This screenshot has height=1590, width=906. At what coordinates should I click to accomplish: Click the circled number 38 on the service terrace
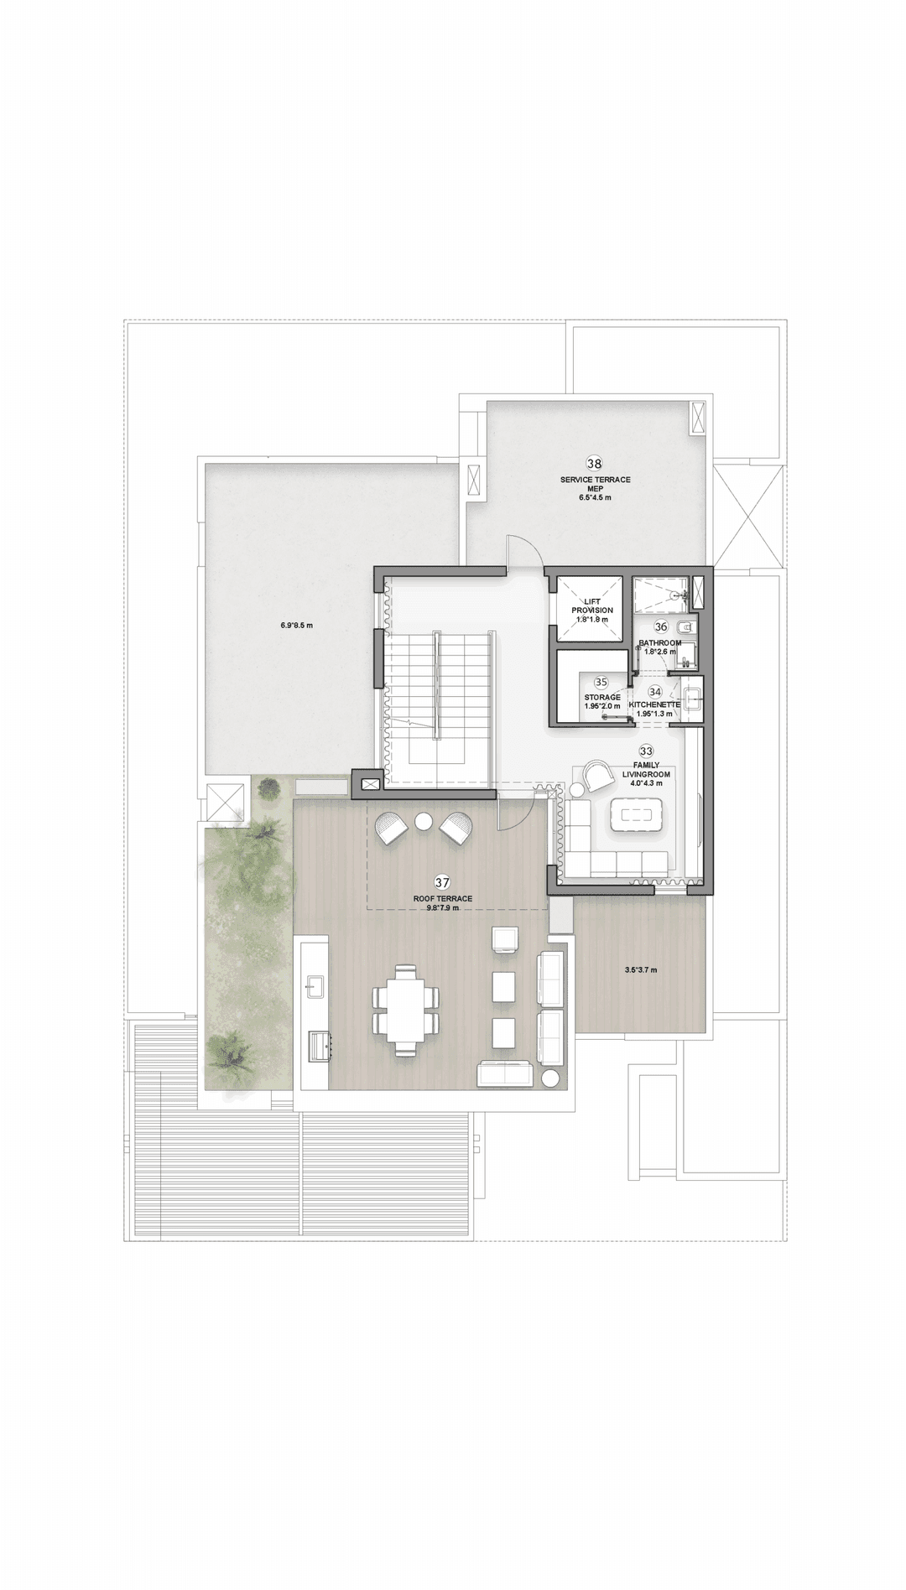pos(594,463)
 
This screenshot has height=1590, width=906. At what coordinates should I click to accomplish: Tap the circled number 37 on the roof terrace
pos(442,882)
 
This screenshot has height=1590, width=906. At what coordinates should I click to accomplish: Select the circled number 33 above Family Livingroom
pos(646,751)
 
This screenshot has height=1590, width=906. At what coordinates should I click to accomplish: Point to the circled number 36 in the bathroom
pos(660,626)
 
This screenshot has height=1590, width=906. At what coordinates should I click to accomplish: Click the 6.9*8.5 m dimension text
pos(296,625)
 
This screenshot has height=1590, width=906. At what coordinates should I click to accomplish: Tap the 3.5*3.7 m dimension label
pos(641,970)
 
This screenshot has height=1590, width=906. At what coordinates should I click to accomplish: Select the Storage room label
pos(602,697)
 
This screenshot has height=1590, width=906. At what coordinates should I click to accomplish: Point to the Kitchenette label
pos(654,705)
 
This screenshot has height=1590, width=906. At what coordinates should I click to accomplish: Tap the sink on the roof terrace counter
pos(315,984)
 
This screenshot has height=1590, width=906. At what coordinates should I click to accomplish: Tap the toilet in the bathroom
pos(685,626)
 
